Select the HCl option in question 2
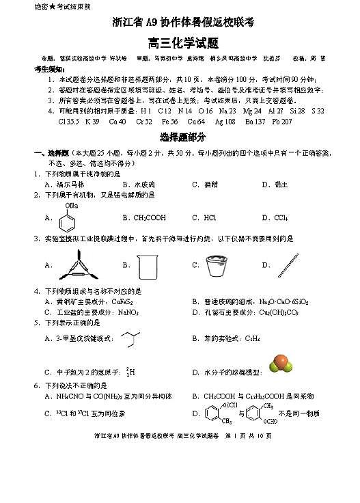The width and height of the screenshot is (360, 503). click(x=210, y=218)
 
